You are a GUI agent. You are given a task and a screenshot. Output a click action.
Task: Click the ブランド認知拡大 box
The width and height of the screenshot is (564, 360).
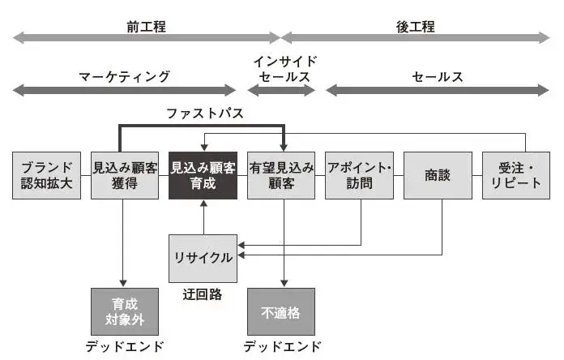(47, 174)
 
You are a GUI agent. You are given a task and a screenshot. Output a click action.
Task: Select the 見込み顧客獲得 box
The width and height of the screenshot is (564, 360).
(124, 174)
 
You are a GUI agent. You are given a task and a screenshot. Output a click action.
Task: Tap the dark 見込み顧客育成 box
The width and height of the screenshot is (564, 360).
(203, 174)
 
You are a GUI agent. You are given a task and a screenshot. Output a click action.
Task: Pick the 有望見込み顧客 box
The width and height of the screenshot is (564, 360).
(281, 174)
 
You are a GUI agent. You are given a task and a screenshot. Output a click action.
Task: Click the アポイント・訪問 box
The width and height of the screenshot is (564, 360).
(359, 174)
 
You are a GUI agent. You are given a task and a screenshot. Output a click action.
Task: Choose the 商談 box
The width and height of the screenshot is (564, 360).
(438, 174)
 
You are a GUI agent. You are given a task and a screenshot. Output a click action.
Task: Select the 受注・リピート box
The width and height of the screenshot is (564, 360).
(516, 174)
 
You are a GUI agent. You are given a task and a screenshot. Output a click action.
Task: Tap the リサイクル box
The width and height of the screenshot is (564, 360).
(203, 258)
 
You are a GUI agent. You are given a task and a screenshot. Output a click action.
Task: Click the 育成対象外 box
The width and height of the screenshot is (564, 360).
(124, 311)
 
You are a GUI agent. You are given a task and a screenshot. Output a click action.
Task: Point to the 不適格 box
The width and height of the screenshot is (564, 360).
(281, 311)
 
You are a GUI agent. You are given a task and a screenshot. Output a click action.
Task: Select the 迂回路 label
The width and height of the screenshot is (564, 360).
(203, 292)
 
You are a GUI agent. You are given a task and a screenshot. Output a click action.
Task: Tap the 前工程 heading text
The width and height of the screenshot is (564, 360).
(146, 26)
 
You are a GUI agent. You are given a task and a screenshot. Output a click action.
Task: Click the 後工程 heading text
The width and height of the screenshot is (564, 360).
(416, 26)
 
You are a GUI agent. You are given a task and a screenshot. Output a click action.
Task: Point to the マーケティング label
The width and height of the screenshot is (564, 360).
(124, 77)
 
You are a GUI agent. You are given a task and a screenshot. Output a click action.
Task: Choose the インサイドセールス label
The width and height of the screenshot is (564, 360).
(284, 69)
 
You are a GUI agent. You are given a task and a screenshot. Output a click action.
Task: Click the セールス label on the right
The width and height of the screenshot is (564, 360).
(438, 77)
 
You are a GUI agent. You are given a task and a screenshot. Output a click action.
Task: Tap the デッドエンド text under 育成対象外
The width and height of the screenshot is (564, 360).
(124, 347)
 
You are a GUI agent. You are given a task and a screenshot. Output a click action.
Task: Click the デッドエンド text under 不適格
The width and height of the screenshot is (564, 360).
(282, 347)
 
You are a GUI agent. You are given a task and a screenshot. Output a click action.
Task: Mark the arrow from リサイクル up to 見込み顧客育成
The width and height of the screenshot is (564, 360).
(203, 216)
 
